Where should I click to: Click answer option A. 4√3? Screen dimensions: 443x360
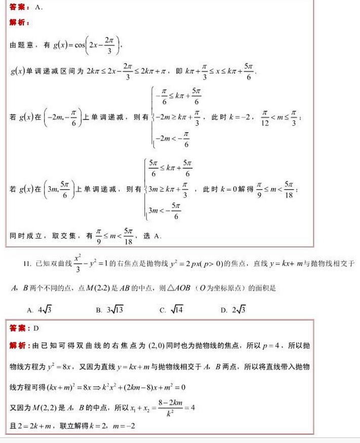click(39, 310)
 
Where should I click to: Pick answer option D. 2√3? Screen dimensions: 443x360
click(233, 310)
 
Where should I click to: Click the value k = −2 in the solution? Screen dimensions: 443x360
click(236, 117)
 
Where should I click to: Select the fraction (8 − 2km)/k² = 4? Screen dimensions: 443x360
click(155, 407)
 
